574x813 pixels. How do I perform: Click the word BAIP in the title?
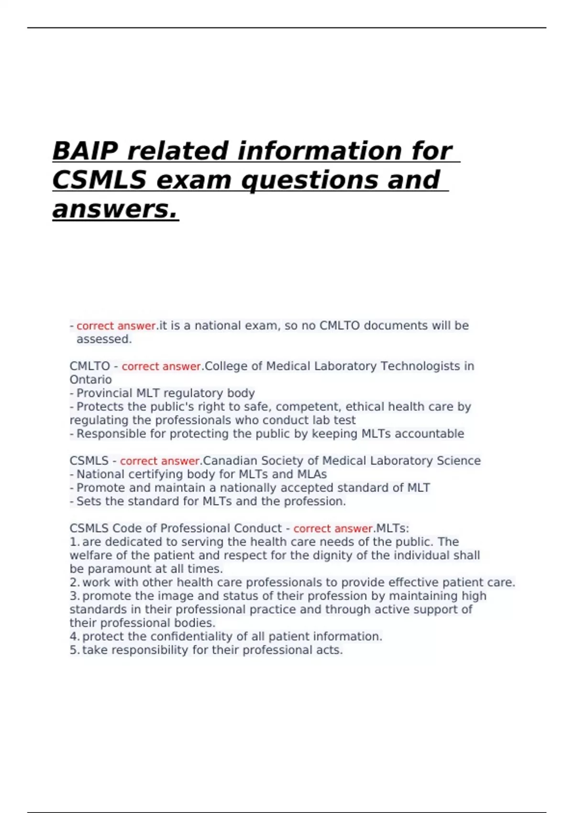tap(86, 151)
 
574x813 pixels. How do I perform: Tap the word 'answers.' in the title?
tap(115, 209)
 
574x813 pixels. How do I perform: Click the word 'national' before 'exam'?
tap(218, 326)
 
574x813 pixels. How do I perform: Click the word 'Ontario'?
tap(90, 380)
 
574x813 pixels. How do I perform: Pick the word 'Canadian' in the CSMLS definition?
tap(226, 461)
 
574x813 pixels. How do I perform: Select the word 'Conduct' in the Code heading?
tap(258, 528)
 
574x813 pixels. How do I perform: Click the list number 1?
tap(74, 542)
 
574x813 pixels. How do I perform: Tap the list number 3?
tap(74, 596)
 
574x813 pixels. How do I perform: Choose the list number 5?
tap(74, 650)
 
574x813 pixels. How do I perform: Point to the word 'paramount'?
tap(113, 569)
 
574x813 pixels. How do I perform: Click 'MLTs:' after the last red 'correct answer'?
tap(392, 528)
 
